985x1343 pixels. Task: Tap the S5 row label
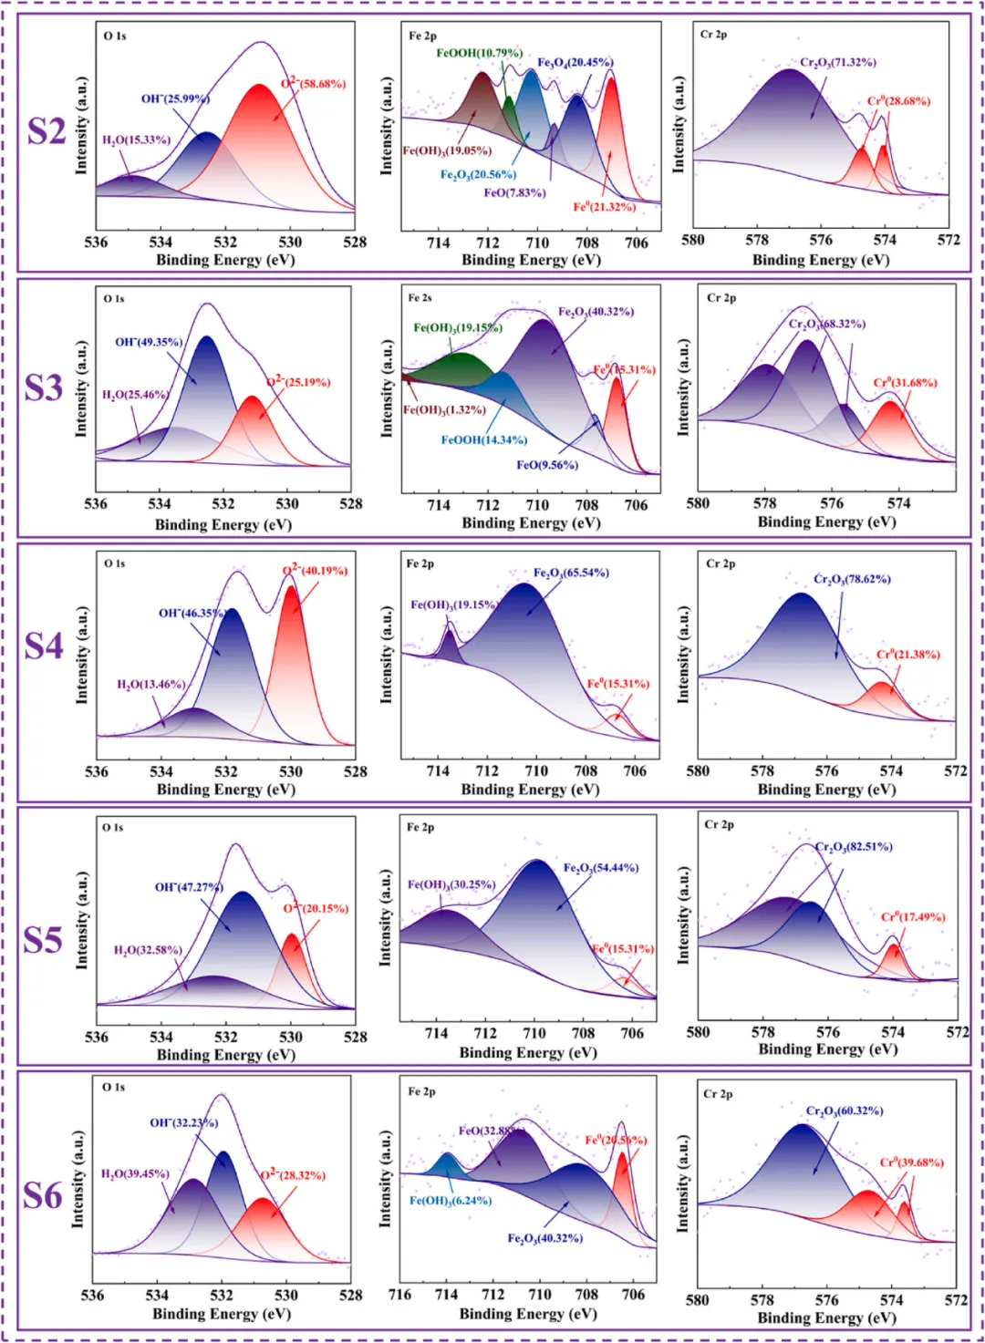click(x=43, y=940)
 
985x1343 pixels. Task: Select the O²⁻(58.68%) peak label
click(x=313, y=84)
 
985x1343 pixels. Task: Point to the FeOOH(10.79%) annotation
click(x=479, y=53)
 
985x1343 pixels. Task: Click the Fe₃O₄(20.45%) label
click(x=575, y=63)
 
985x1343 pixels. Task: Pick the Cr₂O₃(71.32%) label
click(x=837, y=63)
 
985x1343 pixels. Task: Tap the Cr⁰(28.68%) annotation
click(x=898, y=101)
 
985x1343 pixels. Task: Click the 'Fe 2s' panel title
click(x=420, y=298)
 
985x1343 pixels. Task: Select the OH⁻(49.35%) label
click(x=149, y=342)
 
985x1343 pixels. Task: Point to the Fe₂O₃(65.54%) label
click(x=571, y=573)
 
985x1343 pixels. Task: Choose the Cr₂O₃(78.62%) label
click(x=852, y=579)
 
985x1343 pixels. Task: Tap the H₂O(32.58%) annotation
click(x=148, y=950)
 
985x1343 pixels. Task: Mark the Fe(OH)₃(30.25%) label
click(x=451, y=884)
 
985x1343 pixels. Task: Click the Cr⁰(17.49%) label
click(x=912, y=916)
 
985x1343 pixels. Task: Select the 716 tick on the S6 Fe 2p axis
click(x=399, y=1295)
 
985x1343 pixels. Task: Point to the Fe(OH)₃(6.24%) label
click(x=450, y=1201)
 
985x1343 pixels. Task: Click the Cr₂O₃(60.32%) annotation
click(x=845, y=1111)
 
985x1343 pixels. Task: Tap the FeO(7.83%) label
click(x=514, y=193)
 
